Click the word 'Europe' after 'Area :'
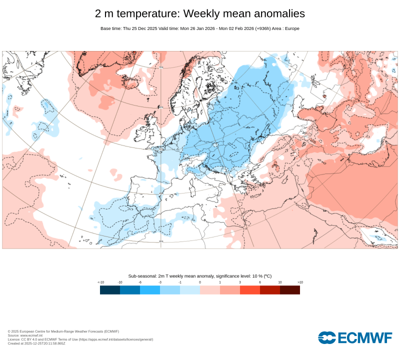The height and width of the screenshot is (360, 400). pyautogui.click(x=291, y=28)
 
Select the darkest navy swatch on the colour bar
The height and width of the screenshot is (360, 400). pyautogui.click(x=110, y=289)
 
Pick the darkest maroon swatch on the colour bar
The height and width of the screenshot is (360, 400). pyautogui.click(x=290, y=289)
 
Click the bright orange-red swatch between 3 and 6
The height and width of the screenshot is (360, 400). pyautogui.click(x=250, y=289)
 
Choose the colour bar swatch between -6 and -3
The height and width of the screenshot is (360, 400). pyautogui.click(x=150, y=289)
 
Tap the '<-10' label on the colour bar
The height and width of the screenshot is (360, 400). pyautogui.click(x=100, y=282)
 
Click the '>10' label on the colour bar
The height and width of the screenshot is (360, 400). pyautogui.click(x=300, y=282)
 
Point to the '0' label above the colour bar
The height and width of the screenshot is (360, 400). pyautogui.click(x=200, y=282)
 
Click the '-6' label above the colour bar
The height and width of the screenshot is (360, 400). pyautogui.click(x=140, y=282)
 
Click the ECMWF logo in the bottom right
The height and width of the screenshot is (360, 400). pyautogui.click(x=355, y=337)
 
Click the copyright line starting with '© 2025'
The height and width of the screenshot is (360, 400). pyautogui.click(x=63, y=331)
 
